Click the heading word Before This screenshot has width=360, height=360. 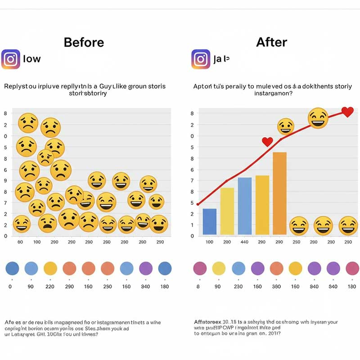coord(84,42)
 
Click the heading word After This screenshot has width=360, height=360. coord(271,42)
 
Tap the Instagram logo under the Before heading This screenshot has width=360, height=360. coord(10,59)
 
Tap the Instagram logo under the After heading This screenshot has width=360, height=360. coord(201,59)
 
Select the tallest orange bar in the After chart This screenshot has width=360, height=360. coord(279,193)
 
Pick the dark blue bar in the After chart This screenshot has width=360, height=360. coord(210,221)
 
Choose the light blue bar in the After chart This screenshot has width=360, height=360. coord(244,206)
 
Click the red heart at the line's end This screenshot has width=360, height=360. coord(347,112)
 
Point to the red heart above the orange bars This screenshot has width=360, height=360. coord(267,142)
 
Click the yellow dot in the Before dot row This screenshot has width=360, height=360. coord(50,269)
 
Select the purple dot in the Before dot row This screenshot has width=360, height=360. coord(146,269)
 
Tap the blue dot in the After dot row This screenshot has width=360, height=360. coord(238,269)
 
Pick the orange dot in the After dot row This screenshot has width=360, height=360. coord(276,269)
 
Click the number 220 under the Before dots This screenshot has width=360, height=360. coord(50,287)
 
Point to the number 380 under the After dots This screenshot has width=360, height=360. coord(276,287)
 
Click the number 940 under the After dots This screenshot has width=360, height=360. coord(314,287)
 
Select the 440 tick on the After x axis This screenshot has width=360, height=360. coord(244,242)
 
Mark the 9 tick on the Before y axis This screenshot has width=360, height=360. coord(5,180)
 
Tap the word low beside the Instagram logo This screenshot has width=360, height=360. coord(31,59)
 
